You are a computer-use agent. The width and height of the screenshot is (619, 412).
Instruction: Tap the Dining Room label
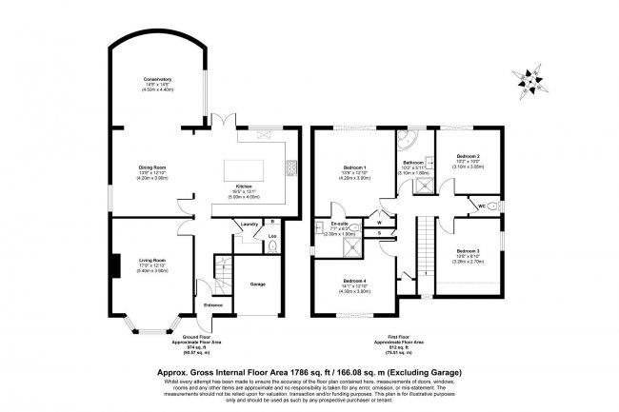153,167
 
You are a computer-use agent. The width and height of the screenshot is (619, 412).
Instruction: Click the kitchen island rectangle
250,168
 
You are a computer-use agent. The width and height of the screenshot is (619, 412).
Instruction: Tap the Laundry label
250,225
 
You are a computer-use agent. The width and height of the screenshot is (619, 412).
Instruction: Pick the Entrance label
213,304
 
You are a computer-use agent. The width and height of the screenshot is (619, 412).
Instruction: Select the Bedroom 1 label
354,168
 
